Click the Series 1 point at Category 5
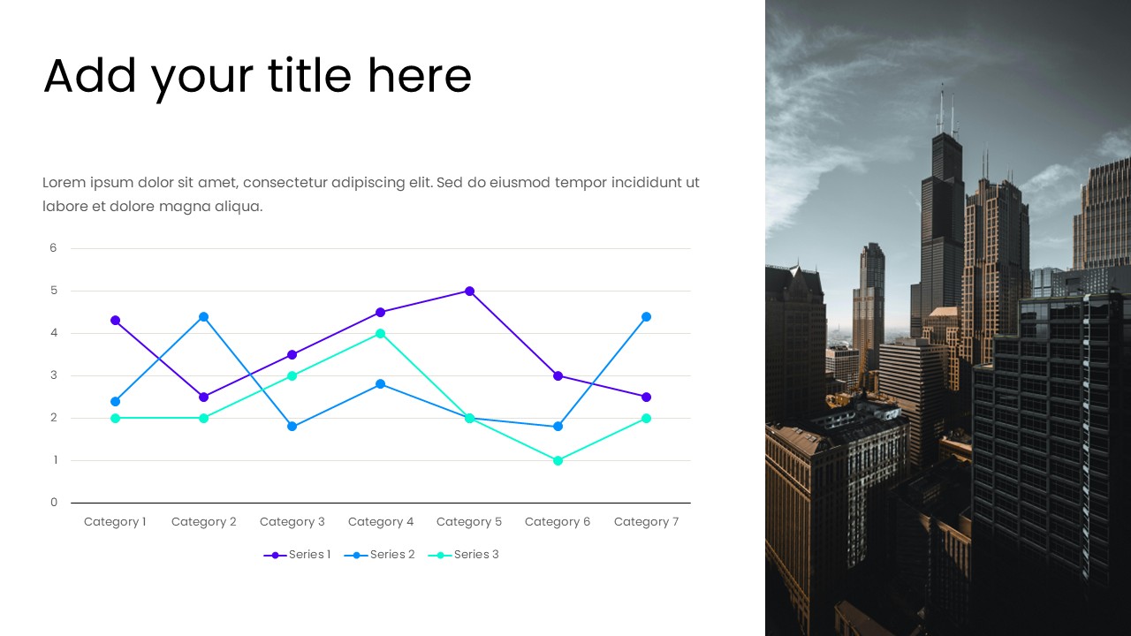469,291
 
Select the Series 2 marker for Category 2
203,316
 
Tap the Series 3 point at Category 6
558,460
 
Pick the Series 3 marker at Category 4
381,333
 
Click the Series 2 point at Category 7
646,316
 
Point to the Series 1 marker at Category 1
115,320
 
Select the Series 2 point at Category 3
292,427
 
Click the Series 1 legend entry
298,555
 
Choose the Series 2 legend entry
382,555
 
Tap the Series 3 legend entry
465,555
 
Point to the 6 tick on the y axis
53,248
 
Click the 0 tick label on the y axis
53,503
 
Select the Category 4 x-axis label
381,522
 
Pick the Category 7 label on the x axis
646,522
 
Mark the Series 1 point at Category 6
558,375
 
